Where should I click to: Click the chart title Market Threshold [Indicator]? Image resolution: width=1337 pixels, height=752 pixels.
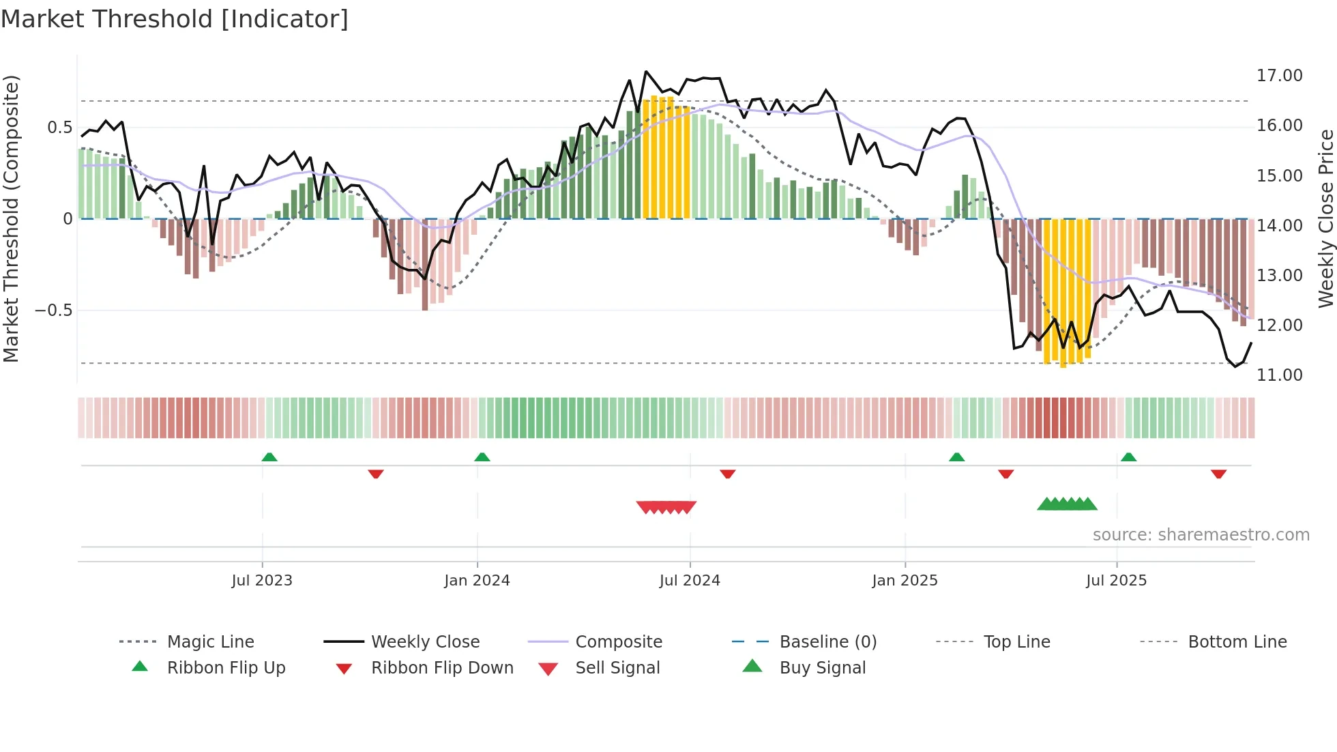(175, 19)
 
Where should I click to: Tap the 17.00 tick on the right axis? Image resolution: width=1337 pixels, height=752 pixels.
(1279, 76)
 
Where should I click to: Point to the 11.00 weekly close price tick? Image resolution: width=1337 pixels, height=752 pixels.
(1279, 375)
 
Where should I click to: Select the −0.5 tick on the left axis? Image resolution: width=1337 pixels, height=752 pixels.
(54, 310)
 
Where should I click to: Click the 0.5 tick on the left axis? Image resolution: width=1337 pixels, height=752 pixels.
(59, 128)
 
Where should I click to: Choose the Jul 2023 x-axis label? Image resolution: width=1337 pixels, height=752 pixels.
(262, 581)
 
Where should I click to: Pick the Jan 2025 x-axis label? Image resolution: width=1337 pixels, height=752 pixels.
(905, 581)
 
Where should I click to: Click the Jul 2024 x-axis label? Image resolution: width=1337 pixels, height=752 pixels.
(690, 581)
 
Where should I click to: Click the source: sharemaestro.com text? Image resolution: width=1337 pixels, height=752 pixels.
(1201, 535)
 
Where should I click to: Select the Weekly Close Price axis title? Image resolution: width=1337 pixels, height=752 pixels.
(1325, 218)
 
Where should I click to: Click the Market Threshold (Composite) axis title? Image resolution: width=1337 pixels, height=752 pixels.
(11, 218)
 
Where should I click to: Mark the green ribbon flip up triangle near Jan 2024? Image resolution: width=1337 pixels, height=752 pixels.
(482, 457)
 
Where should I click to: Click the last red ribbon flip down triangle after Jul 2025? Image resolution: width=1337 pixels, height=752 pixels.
(1218, 474)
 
